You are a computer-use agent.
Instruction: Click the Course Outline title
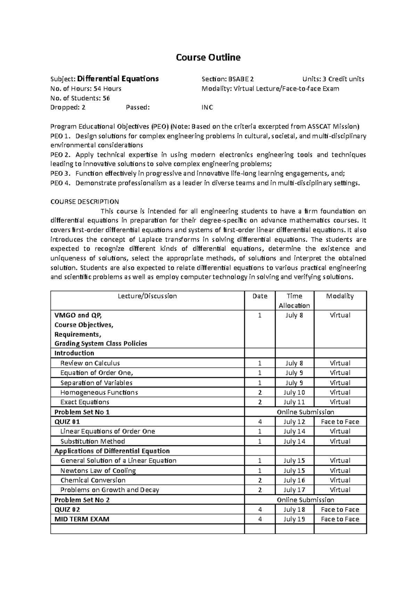208,57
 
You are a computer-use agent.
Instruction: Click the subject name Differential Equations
118,79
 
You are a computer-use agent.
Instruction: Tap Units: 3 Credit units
333,79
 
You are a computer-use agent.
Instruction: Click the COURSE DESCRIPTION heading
85,202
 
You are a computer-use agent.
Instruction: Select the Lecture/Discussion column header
147,296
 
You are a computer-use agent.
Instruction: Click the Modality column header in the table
340,296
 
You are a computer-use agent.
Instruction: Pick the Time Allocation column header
294,301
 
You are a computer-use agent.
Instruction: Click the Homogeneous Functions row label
99,392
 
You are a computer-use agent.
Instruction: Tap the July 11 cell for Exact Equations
294,402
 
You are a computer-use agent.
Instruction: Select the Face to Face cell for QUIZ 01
340,422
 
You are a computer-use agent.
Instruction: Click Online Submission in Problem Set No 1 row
305,412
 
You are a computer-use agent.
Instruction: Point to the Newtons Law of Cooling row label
98,471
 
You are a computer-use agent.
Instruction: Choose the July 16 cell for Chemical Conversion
294,480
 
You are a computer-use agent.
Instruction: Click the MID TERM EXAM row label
82,519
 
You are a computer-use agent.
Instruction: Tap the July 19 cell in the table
294,519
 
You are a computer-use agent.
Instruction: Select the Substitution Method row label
92,441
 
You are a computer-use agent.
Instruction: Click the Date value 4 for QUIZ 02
260,510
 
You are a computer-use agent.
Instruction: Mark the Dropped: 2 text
68,107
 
